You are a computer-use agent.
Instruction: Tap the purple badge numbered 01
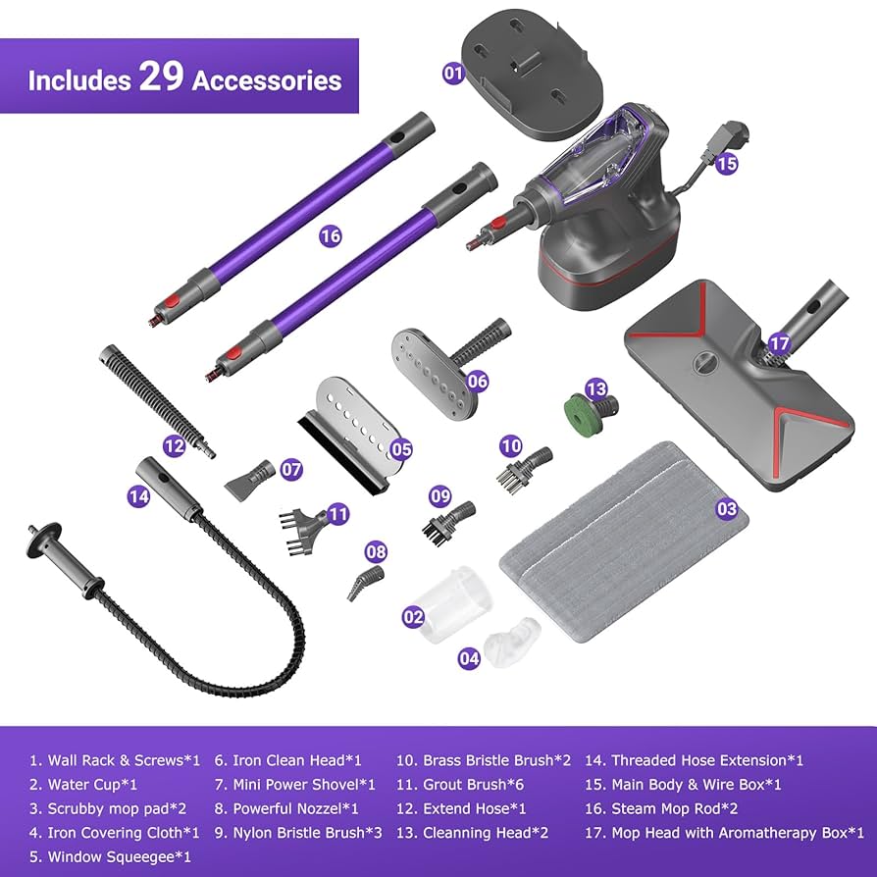[452, 73]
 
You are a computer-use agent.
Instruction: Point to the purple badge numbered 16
[330, 235]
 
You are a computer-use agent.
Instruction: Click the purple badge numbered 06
[477, 380]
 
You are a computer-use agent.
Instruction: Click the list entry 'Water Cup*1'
[83, 785]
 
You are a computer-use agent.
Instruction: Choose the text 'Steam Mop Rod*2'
[674, 808]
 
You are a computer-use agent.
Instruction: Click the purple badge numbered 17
[779, 344]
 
